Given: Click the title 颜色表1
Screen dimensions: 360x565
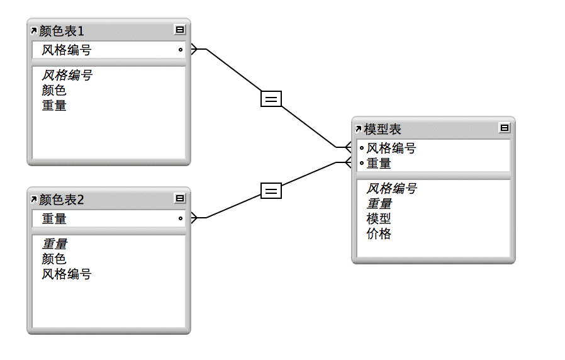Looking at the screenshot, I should (x=62, y=30).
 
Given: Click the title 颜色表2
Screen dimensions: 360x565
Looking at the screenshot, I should (x=62, y=200).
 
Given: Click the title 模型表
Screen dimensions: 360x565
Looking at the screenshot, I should (x=383, y=129).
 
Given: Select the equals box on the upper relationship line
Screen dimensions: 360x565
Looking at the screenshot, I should (x=271, y=98).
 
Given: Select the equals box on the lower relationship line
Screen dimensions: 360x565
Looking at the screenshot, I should (x=271, y=190).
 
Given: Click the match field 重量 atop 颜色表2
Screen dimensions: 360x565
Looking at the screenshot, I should (x=54, y=219).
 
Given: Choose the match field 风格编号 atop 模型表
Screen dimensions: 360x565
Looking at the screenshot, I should (x=391, y=149).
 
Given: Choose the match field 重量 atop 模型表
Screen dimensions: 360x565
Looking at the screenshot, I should (x=379, y=164).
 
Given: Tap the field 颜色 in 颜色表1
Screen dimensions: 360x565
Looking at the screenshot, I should (x=54, y=91).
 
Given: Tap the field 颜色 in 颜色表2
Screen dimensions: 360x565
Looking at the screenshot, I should (x=54, y=259).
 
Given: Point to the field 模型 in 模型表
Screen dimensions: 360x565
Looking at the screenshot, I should (x=379, y=219).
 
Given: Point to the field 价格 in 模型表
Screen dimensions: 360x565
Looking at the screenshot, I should (x=379, y=234).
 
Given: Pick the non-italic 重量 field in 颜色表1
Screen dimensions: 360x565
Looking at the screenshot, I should (x=54, y=106).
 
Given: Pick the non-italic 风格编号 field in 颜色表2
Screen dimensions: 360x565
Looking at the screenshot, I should (x=67, y=274).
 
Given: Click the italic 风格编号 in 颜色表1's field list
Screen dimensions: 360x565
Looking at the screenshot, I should (x=67, y=76).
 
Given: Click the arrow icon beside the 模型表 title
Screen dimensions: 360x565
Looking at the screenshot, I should (x=358, y=129).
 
